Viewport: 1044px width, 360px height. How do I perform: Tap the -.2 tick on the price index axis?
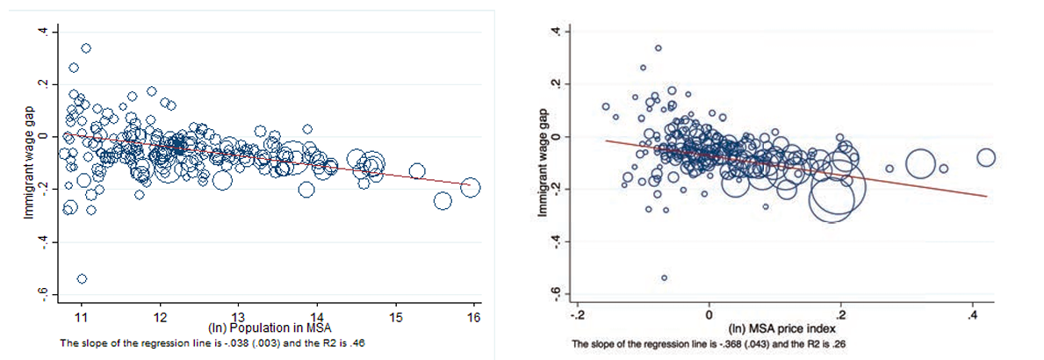(577, 313)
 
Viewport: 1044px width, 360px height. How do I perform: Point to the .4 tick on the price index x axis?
(973, 313)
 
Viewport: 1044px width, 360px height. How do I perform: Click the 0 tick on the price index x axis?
(709, 313)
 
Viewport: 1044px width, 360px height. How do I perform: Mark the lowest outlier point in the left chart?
(82, 278)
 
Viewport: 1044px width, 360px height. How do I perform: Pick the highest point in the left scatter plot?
(86, 48)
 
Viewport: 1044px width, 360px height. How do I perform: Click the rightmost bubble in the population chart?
(471, 186)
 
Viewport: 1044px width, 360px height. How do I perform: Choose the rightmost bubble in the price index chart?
(985, 158)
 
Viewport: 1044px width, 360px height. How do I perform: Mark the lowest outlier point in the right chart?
(664, 277)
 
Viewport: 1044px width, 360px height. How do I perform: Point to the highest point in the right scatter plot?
(659, 47)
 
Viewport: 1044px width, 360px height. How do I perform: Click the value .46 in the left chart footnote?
(357, 342)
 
